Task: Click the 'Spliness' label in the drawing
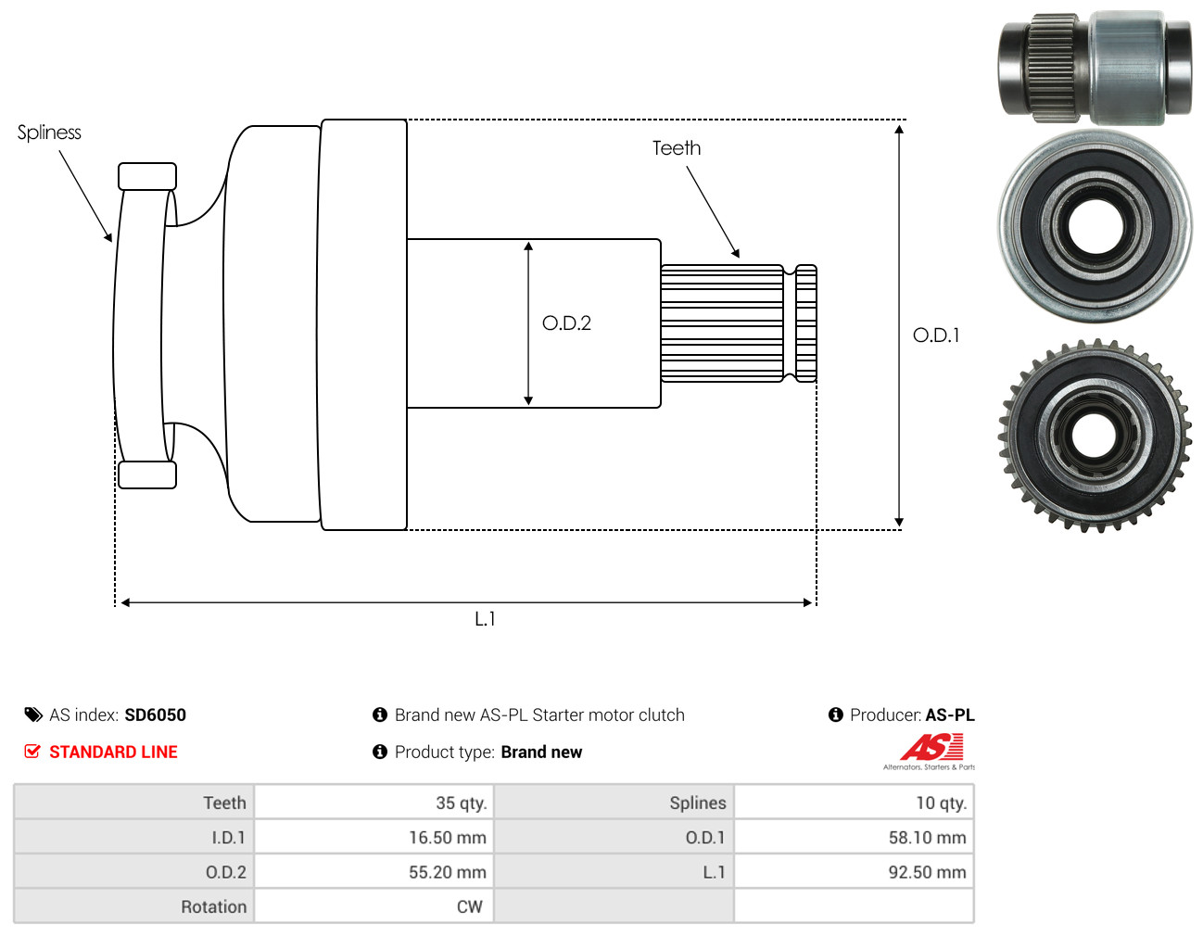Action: pos(49,133)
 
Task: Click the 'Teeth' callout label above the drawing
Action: pos(677,148)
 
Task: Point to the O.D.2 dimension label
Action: pos(566,323)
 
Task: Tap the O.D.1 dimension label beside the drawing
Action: pos(936,335)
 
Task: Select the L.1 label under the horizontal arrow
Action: pos(485,619)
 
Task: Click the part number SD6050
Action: pos(155,715)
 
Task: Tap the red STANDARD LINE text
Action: pos(113,752)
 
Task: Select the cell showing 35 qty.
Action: pos(461,803)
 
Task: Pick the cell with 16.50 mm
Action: pos(447,838)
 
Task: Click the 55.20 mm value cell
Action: pos(447,872)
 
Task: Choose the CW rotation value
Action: pos(469,906)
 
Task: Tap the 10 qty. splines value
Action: pos(941,803)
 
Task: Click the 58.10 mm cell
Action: pos(927,838)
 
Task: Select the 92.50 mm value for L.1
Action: pos(927,872)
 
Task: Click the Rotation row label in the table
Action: pos(213,906)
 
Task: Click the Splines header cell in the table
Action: pos(697,803)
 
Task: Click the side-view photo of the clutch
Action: pos(1094,68)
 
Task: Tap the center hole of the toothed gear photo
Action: pos(1094,436)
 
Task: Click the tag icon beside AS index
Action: pos(33,715)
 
